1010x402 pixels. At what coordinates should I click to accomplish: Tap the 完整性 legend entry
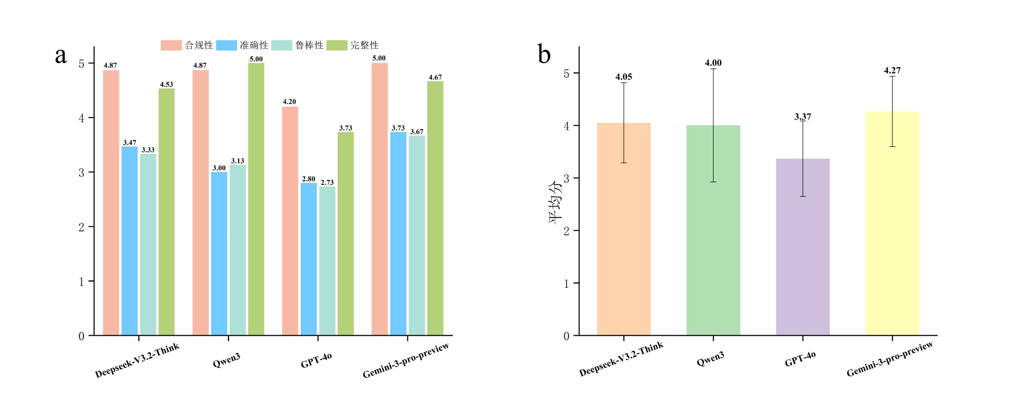[353, 46]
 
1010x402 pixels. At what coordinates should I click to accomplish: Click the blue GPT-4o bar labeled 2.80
[309, 259]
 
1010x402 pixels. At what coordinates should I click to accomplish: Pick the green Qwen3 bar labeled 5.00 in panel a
[256, 199]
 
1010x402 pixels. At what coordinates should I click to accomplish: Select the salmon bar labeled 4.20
[290, 221]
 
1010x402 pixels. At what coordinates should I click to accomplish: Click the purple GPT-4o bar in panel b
[802, 247]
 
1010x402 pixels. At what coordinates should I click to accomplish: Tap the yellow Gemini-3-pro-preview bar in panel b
[892, 223]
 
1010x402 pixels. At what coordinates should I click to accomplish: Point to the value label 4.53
[166, 84]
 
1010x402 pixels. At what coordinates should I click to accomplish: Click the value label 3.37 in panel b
[802, 116]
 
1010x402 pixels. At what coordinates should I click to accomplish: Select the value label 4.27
[892, 70]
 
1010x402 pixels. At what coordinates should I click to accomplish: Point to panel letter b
[544, 55]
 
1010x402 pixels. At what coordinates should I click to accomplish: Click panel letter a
[61, 55]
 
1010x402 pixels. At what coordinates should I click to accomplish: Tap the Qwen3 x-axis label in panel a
[227, 360]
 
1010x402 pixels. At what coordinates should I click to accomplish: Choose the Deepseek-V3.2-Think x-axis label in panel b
[621, 358]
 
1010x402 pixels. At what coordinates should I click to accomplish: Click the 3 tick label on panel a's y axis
[82, 173]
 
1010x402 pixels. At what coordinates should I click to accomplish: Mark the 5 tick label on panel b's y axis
[566, 74]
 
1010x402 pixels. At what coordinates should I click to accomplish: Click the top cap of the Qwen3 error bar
[713, 69]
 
